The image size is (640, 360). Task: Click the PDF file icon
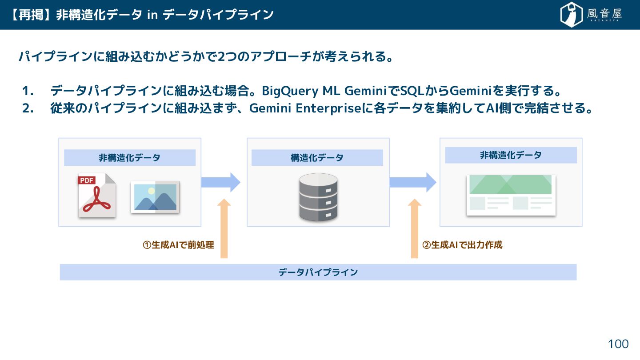[x=97, y=195]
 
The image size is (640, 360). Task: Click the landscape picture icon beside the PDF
[x=155, y=197]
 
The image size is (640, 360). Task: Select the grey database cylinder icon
[x=318, y=197]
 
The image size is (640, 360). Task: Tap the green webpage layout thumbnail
[x=511, y=195]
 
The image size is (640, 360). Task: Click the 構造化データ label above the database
[x=317, y=158]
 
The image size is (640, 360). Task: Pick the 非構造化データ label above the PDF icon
[x=129, y=158]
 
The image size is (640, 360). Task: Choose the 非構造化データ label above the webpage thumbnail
[x=511, y=155]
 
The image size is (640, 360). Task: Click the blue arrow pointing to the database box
[x=221, y=182]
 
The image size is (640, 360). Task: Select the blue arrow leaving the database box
[x=413, y=182]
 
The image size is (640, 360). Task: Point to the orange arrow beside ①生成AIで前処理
[x=224, y=228]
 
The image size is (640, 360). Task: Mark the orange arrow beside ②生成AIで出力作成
[x=415, y=228]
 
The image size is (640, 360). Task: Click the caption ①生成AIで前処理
[x=178, y=245]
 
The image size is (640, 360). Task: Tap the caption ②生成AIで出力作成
[x=462, y=245]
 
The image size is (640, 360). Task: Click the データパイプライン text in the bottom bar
[x=318, y=272]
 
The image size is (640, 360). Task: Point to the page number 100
[x=618, y=344]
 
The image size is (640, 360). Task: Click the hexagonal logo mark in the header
[x=571, y=15]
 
